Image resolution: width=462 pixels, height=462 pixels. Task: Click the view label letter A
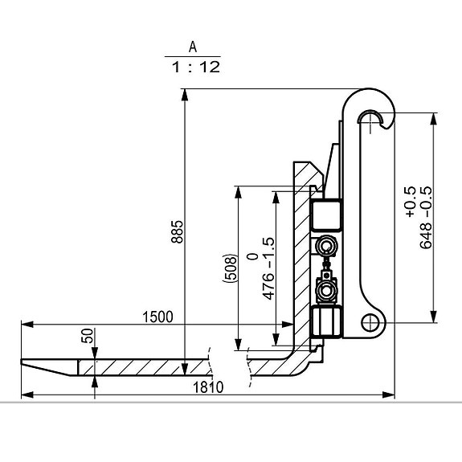(x=193, y=47)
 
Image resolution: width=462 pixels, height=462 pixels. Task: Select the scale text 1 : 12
(x=196, y=67)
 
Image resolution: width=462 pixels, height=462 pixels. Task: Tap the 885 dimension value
(x=177, y=231)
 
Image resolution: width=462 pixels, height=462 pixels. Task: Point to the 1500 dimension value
(x=157, y=317)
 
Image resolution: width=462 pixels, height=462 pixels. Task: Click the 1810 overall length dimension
(x=208, y=387)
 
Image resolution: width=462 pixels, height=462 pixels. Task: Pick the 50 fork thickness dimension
(x=88, y=336)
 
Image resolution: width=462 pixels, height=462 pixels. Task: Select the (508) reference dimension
(x=230, y=268)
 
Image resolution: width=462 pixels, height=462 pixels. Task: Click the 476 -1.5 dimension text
(x=268, y=268)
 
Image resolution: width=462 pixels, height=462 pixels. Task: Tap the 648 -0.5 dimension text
(x=426, y=218)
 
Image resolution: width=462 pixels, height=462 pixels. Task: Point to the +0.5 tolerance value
(x=410, y=202)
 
